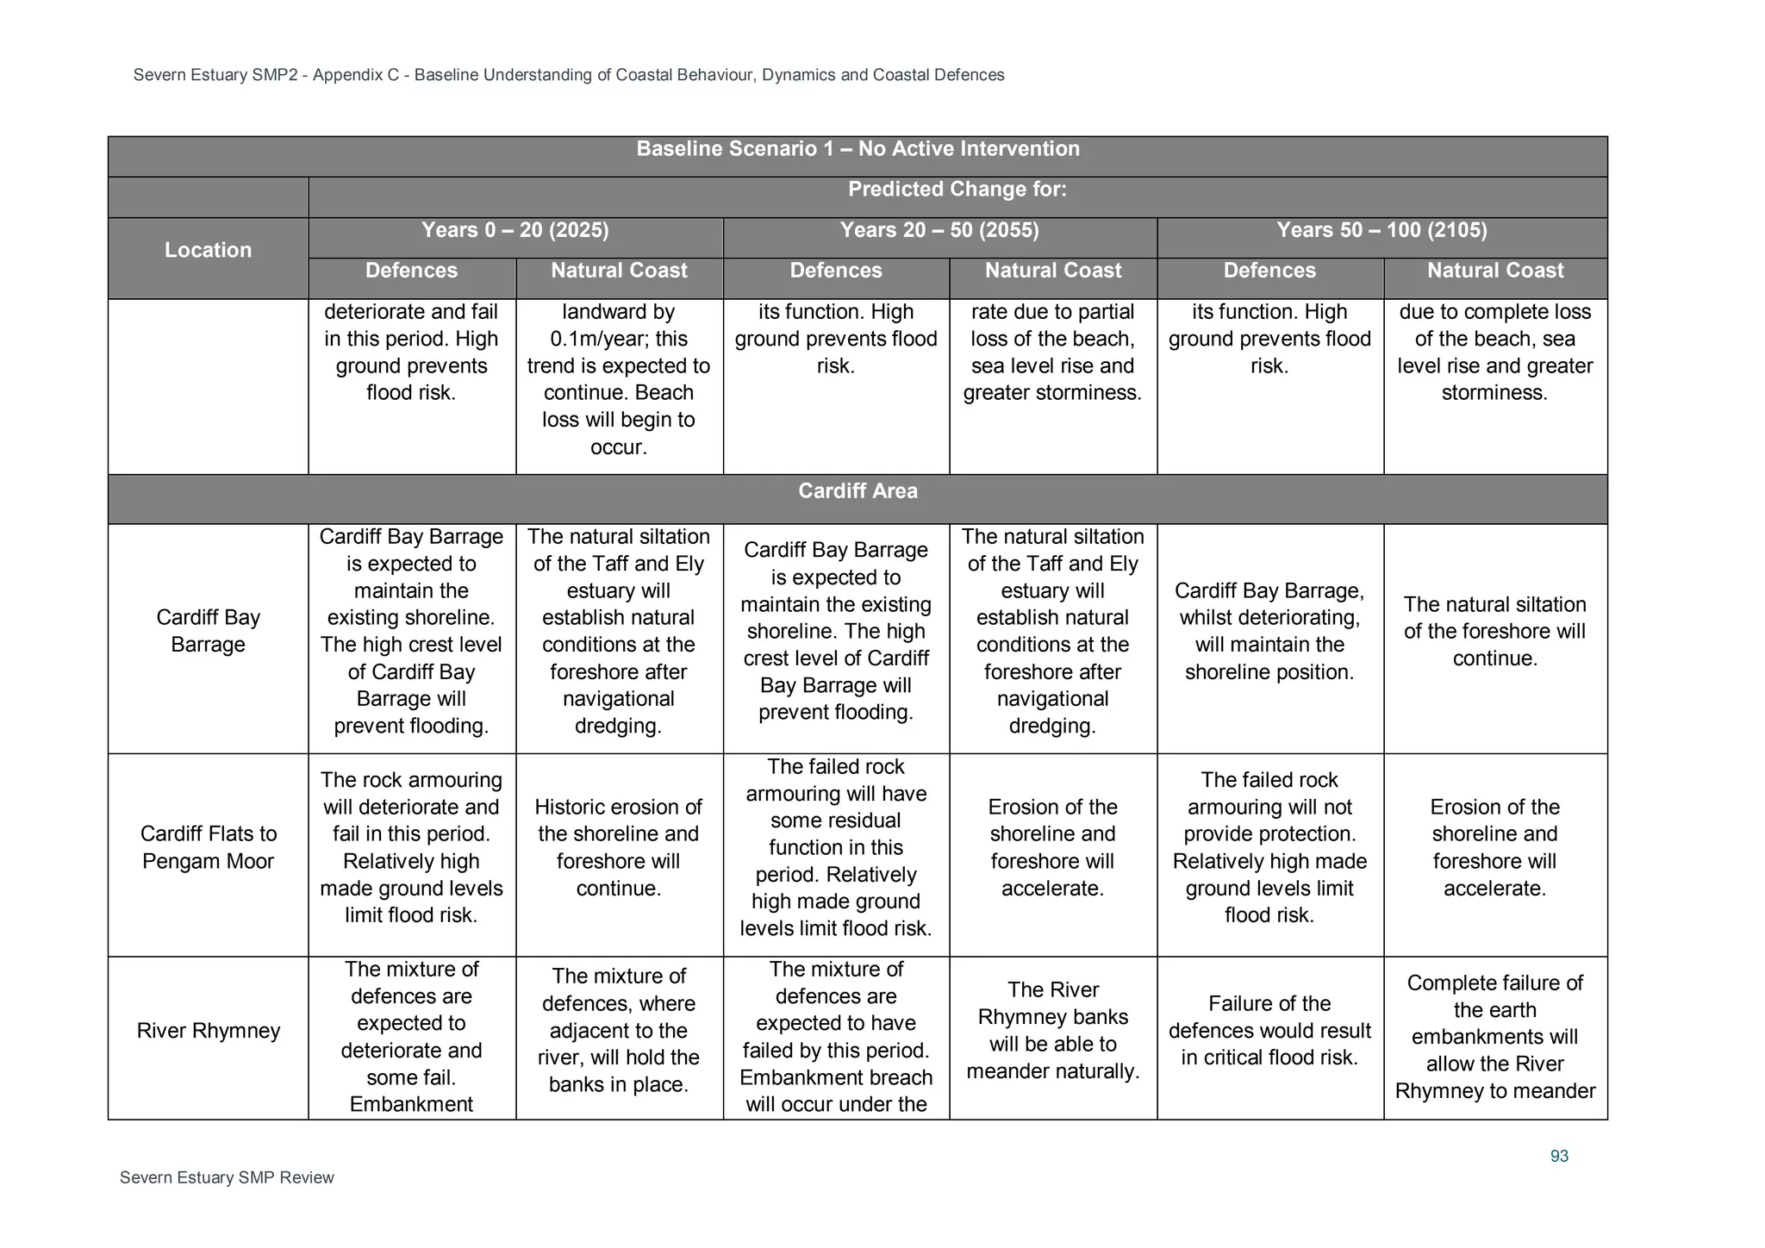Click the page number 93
tap(1559, 1156)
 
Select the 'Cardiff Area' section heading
tap(858, 491)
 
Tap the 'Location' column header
tap(208, 250)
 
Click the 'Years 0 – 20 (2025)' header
tap(515, 230)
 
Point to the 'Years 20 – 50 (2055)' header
tap(939, 230)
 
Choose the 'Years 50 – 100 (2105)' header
tap(1381, 230)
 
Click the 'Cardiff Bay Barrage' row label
tap(208, 631)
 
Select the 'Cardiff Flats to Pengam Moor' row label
tap(208, 847)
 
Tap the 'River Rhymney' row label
tap(208, 1031)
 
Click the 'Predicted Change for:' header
tap(957, 190)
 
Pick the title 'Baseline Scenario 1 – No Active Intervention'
tap(858, 149)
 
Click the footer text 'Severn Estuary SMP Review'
tap(227, 1177)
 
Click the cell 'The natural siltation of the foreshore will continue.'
tap(1494, 631)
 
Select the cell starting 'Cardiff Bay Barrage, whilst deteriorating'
tap(1269, 631)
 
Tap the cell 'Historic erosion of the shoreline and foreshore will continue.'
tap(618, 847)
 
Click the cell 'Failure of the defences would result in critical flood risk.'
tap(1269, 1031)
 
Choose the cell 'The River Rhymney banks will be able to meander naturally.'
tap(1052, 1031)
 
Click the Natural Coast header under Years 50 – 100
tap(1494, 271)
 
